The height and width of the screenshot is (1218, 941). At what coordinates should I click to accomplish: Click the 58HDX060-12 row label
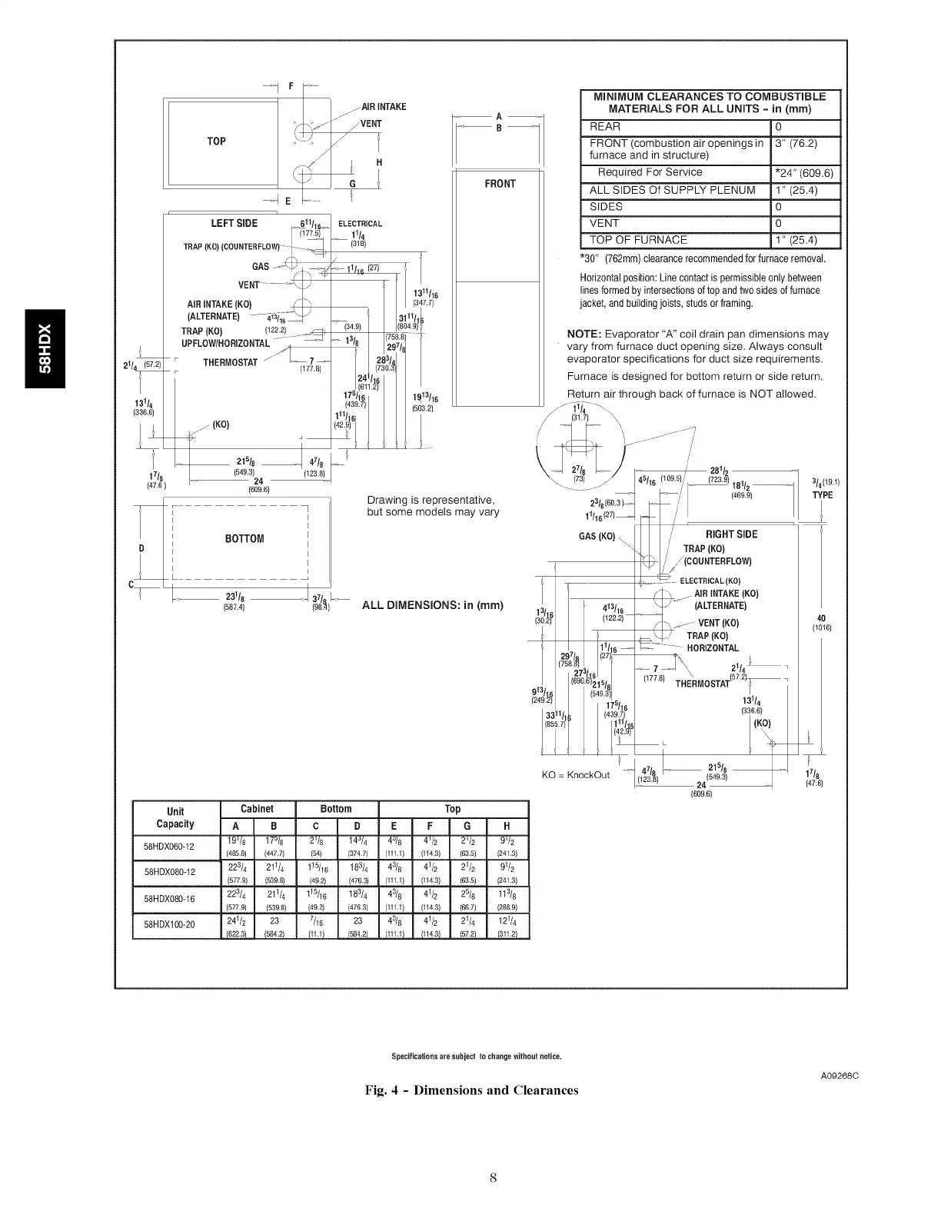click(168, 847)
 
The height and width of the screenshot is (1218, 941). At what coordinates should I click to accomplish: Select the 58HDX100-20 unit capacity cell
click(168, 923)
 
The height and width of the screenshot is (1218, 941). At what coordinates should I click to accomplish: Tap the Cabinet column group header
click(257, 809)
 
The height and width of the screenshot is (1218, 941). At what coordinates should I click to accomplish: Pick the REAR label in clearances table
click(605, 126)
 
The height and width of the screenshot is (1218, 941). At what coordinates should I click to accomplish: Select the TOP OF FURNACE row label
click(638, 240)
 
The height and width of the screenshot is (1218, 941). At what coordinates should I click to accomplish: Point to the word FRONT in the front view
click(500, 184)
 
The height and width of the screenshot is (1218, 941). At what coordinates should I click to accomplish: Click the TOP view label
click(216, 141)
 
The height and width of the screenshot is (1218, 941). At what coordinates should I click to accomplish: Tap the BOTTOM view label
click(244, 538)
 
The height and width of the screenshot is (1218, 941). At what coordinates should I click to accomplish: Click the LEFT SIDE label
click(234, 223)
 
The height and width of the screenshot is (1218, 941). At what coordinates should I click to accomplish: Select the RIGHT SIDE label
click(731, 534)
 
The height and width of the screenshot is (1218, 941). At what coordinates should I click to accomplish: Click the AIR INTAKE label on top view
click(385, 106)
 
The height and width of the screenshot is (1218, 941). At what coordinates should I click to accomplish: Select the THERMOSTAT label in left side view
click(230, 363)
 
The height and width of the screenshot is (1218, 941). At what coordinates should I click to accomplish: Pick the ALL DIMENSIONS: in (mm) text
click(432, 604)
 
